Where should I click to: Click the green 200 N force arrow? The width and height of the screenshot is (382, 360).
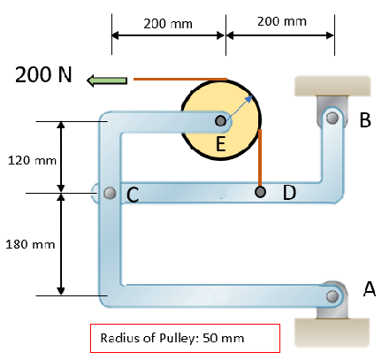click(107, 80)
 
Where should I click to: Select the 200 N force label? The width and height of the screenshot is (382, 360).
click(43, 74)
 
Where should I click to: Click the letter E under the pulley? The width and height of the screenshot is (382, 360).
click(220, 145)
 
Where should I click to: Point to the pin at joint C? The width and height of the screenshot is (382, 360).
click(109, 193)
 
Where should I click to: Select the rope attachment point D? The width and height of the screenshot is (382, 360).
click(259, 192)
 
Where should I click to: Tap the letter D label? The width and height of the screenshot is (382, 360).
click(289, 192)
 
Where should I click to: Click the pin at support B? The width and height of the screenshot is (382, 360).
click(331, 116)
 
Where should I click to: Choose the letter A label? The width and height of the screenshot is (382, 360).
click(370, 287)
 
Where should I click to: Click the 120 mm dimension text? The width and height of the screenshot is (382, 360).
click(30, 161)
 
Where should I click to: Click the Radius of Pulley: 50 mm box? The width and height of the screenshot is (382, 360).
click(185, 338)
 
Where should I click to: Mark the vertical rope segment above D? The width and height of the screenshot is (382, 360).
click(259, 159)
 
